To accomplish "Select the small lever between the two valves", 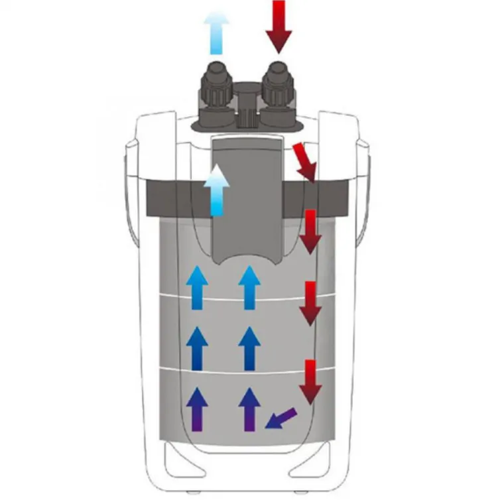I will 247,106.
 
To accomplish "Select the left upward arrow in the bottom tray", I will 197,409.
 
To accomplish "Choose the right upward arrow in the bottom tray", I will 249,409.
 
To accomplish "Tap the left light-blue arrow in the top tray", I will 197,287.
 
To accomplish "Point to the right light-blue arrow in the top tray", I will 249,287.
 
